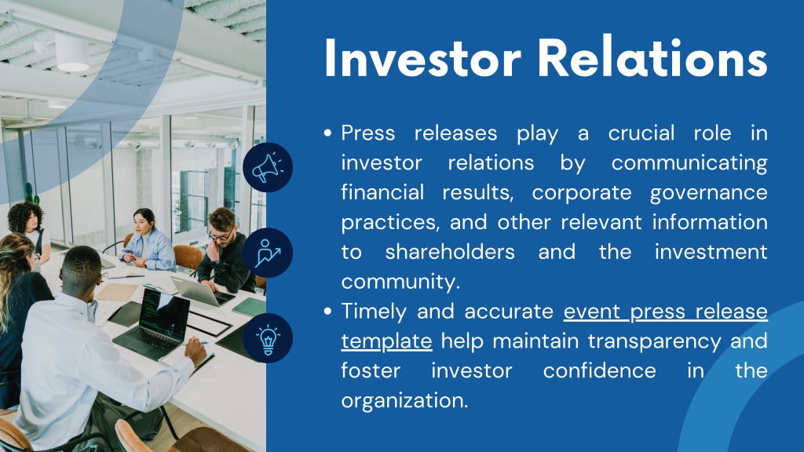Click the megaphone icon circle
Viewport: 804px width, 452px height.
tap(268, 168)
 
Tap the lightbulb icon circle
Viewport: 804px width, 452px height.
tap(268, 338)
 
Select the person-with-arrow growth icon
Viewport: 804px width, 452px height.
tap(268, 253)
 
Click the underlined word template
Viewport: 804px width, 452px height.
tap(386, 341)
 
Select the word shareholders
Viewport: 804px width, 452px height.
tap(450, 252)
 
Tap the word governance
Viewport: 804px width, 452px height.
tap(709, 193)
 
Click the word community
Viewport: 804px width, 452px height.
tap(400, 282)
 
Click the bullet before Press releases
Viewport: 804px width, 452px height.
tap(328, 133)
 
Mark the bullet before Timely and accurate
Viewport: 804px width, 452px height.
tap(328, 312)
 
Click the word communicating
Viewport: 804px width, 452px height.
tap(689, 163)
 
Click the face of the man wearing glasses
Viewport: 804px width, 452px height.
tap(221, 231)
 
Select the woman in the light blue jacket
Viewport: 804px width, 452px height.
tap(147, 241)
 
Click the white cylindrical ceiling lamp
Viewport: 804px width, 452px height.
tap(71, 53)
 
